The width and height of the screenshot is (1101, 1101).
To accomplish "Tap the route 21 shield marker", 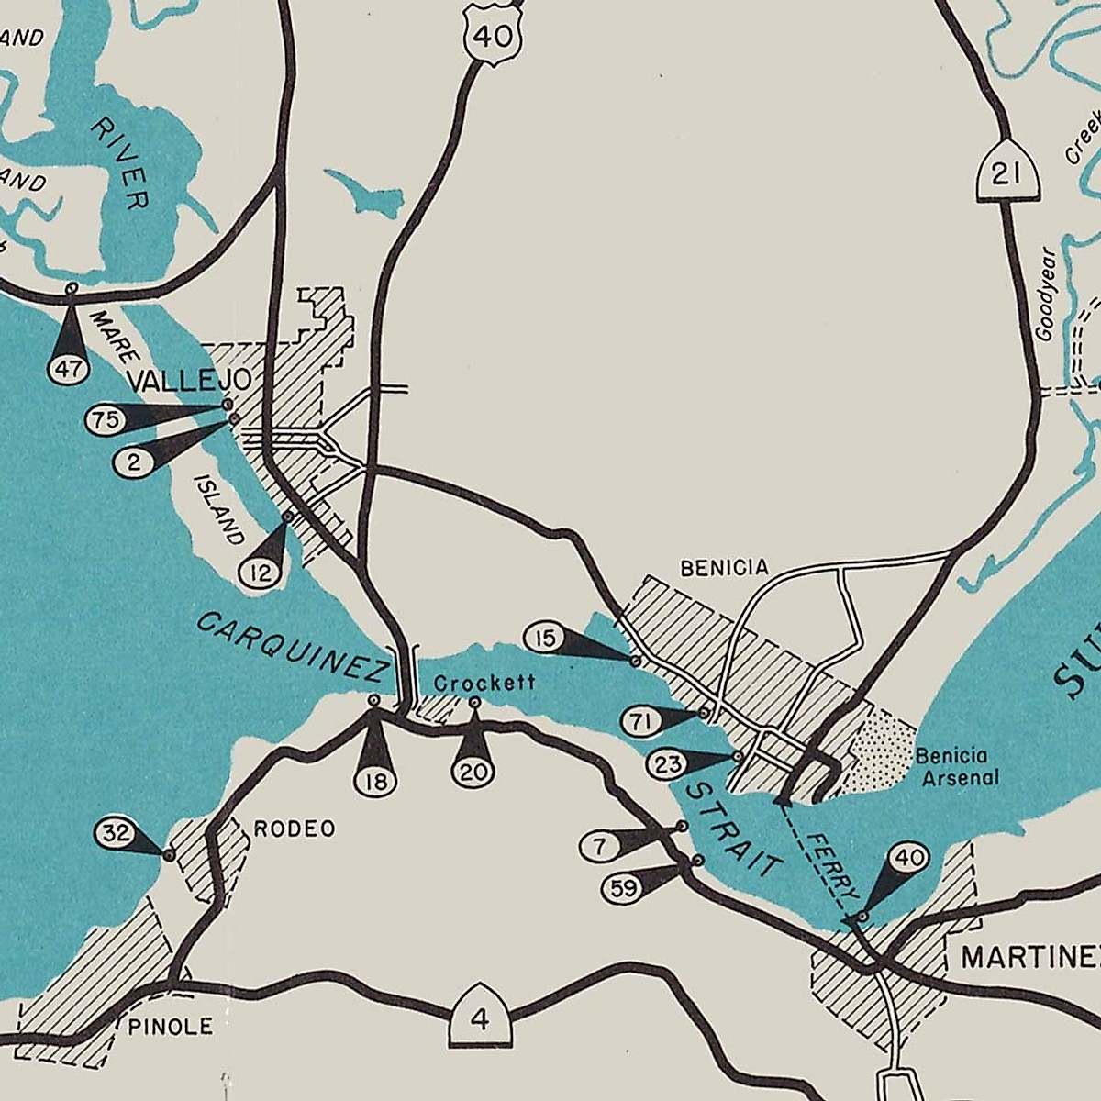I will pos(1006,173).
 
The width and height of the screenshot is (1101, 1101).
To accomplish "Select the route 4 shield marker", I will pos(479,1018).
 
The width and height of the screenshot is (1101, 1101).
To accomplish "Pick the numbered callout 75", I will pos(103,420).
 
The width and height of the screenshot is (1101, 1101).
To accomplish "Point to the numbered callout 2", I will pos(134,462).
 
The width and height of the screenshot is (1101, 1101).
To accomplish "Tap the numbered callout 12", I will pos(261,573).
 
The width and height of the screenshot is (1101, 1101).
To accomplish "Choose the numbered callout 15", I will pos(545,637).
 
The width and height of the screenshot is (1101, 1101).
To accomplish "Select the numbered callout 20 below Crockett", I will pos(473,771).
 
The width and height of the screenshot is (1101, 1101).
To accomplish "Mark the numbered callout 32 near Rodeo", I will pos(116,835).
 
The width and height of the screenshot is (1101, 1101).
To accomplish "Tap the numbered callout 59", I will pos(621,888).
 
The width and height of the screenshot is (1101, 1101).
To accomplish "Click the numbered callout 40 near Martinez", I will pos(908,859).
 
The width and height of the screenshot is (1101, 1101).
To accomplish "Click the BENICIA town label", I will pos(724,568).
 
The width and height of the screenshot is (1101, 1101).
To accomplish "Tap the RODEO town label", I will pos(294,829).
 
